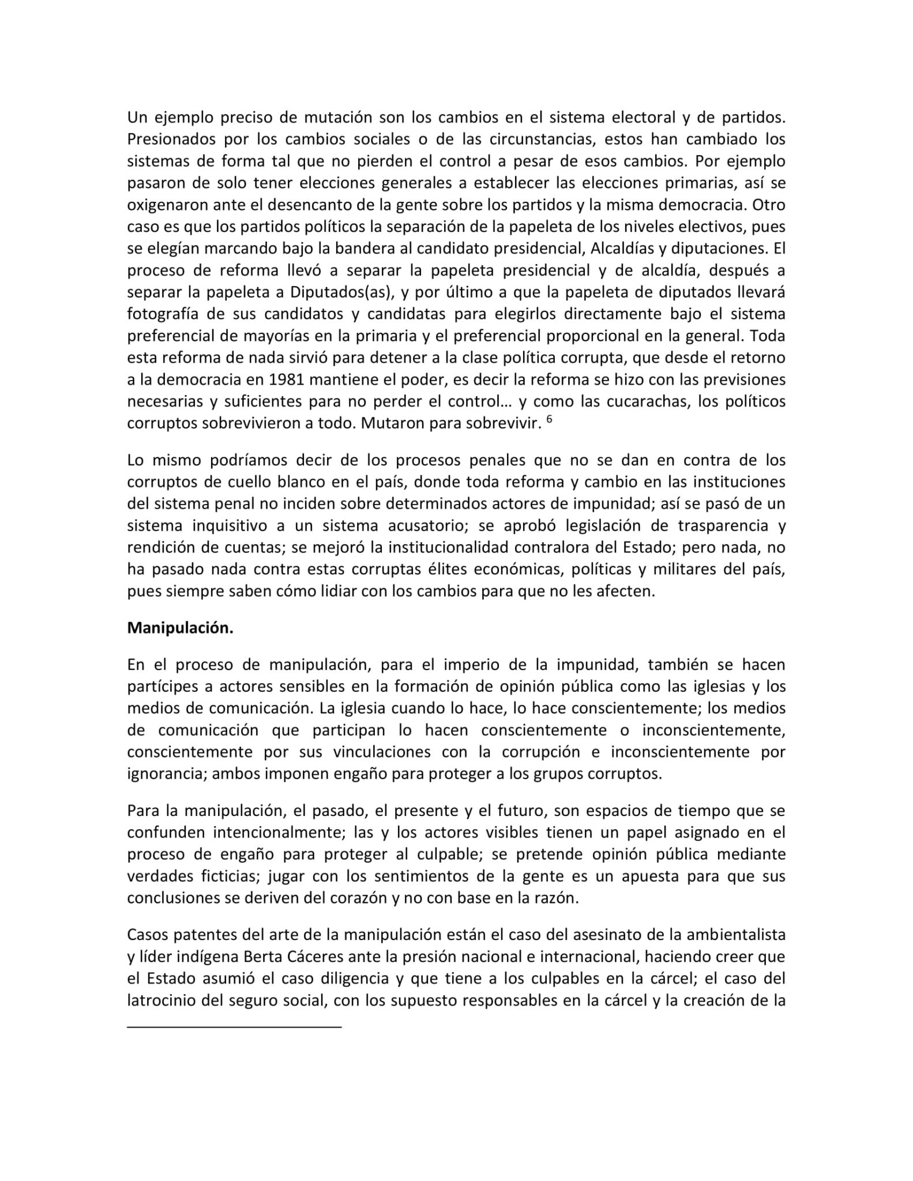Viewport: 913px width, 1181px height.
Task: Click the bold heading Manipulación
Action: click(180, 628)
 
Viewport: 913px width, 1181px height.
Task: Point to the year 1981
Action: click(285, 380)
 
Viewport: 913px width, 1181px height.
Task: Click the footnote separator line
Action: click(234, 1027)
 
